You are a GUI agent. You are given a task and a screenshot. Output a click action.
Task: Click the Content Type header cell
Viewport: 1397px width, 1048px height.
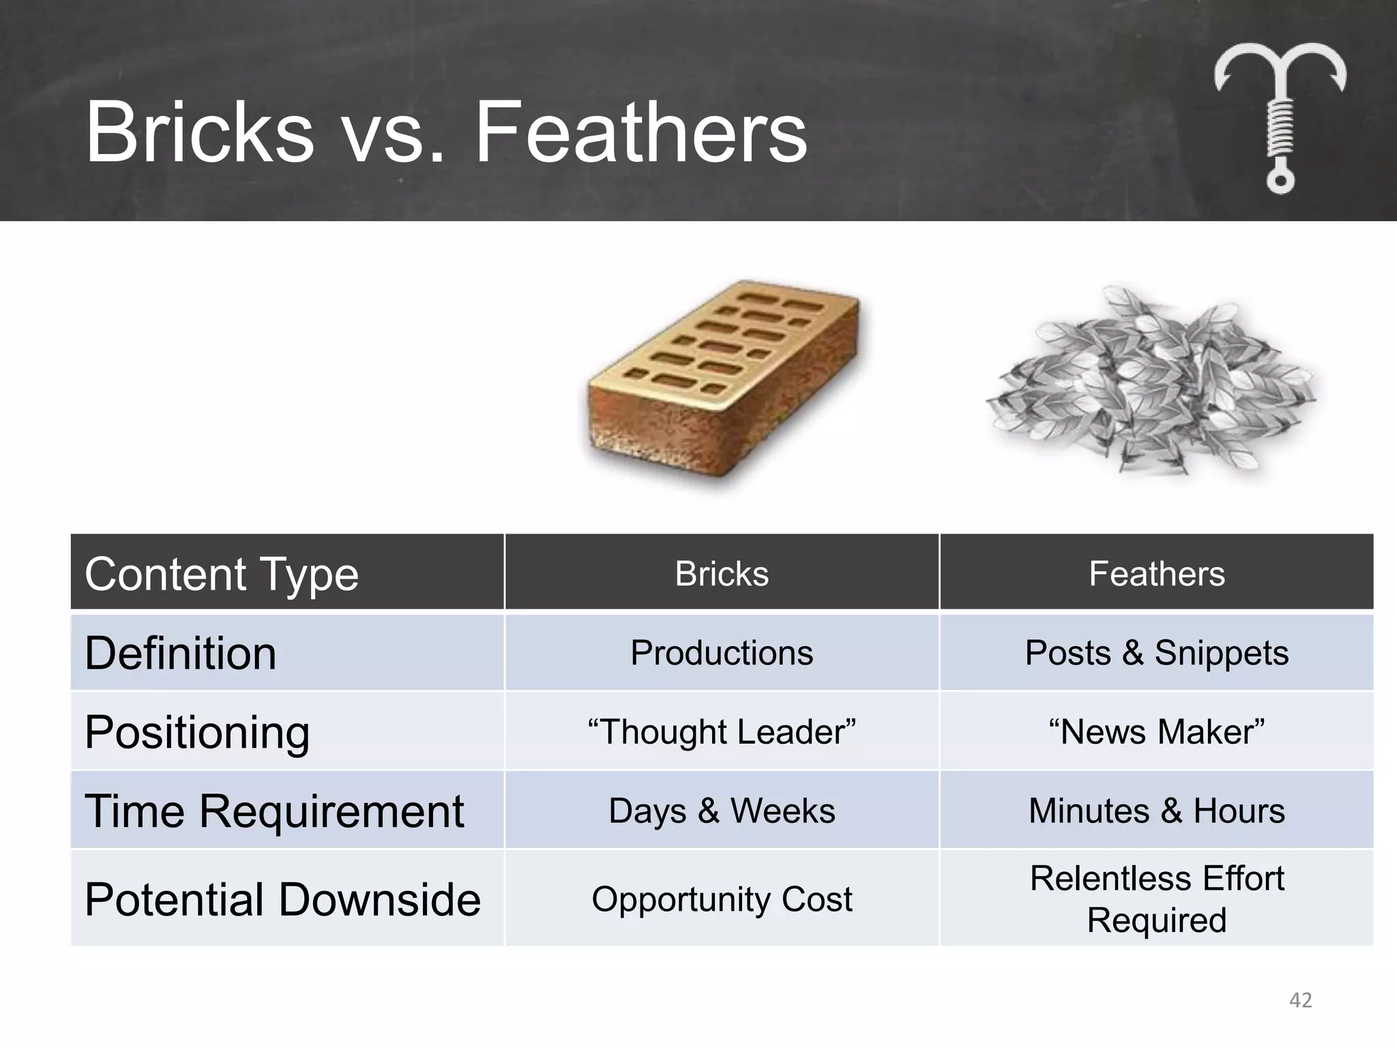(x=221, y=574)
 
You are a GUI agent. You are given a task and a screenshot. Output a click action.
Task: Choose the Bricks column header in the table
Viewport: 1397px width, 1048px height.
(x=722, y=574)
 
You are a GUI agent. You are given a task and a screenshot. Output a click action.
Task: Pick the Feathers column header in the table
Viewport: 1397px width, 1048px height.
(x=1156, y=574)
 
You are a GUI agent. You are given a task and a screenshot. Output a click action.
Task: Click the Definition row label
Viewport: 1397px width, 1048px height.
(x=180, y=653)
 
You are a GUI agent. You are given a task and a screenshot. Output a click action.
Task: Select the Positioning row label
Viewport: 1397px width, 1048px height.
(x=197, y=732)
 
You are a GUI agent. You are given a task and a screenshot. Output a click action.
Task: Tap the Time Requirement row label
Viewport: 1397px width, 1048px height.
(x=274, y=811)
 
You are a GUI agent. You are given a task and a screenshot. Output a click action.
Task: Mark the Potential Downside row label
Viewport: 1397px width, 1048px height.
(x=282, y=899)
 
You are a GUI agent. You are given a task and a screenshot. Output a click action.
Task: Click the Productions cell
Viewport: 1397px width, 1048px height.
(x=722, y=653)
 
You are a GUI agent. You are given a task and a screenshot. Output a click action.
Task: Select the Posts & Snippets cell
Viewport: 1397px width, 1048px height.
(x=1156, y=653)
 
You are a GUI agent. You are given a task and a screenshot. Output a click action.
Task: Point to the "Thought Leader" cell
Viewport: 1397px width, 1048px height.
(x=722, y=732)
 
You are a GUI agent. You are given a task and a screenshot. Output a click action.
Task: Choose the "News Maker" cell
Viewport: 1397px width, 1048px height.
(x=1156, y=732)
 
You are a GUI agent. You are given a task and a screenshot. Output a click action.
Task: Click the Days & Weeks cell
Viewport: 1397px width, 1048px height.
(x=722, y=811)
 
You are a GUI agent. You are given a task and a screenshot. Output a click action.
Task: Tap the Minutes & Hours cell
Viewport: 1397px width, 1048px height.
(x=1156, y=811)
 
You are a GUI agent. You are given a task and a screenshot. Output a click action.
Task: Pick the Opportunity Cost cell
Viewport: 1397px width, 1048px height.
(x=722, y=899)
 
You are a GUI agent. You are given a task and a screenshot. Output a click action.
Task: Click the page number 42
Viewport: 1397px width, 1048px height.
(x=1300, y=1000)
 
